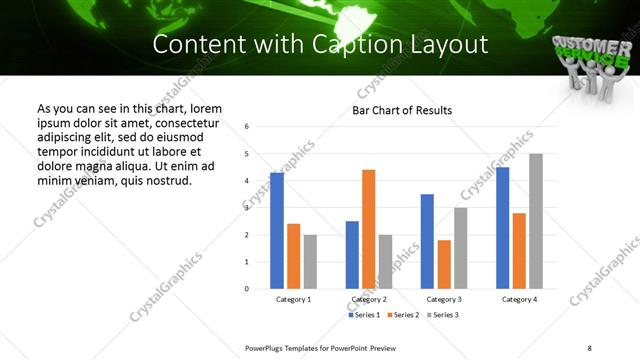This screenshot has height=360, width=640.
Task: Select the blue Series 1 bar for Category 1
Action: pyautogui.click(x=277, y=230)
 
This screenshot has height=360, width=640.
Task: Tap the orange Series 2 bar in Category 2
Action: pyautogui.click(x=368, y=229)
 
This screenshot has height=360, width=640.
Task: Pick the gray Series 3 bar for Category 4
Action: pyautogui.click(x=536, y=221)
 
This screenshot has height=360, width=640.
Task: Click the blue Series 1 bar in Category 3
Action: pyautogui.click(x=427, y=241)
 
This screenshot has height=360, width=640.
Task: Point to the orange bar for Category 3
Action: pyautogui.click(x=444, y=264)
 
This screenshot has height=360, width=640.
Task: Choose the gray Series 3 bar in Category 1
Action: pyautogui.click(x=310, y=261)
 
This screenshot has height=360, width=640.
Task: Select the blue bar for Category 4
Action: pyautogui.click(x=502, y=227)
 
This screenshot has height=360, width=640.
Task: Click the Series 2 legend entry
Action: pyautogui.click(x=404, y=315)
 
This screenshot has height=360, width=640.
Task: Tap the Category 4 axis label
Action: pyautogui.click(x=519, y=299)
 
